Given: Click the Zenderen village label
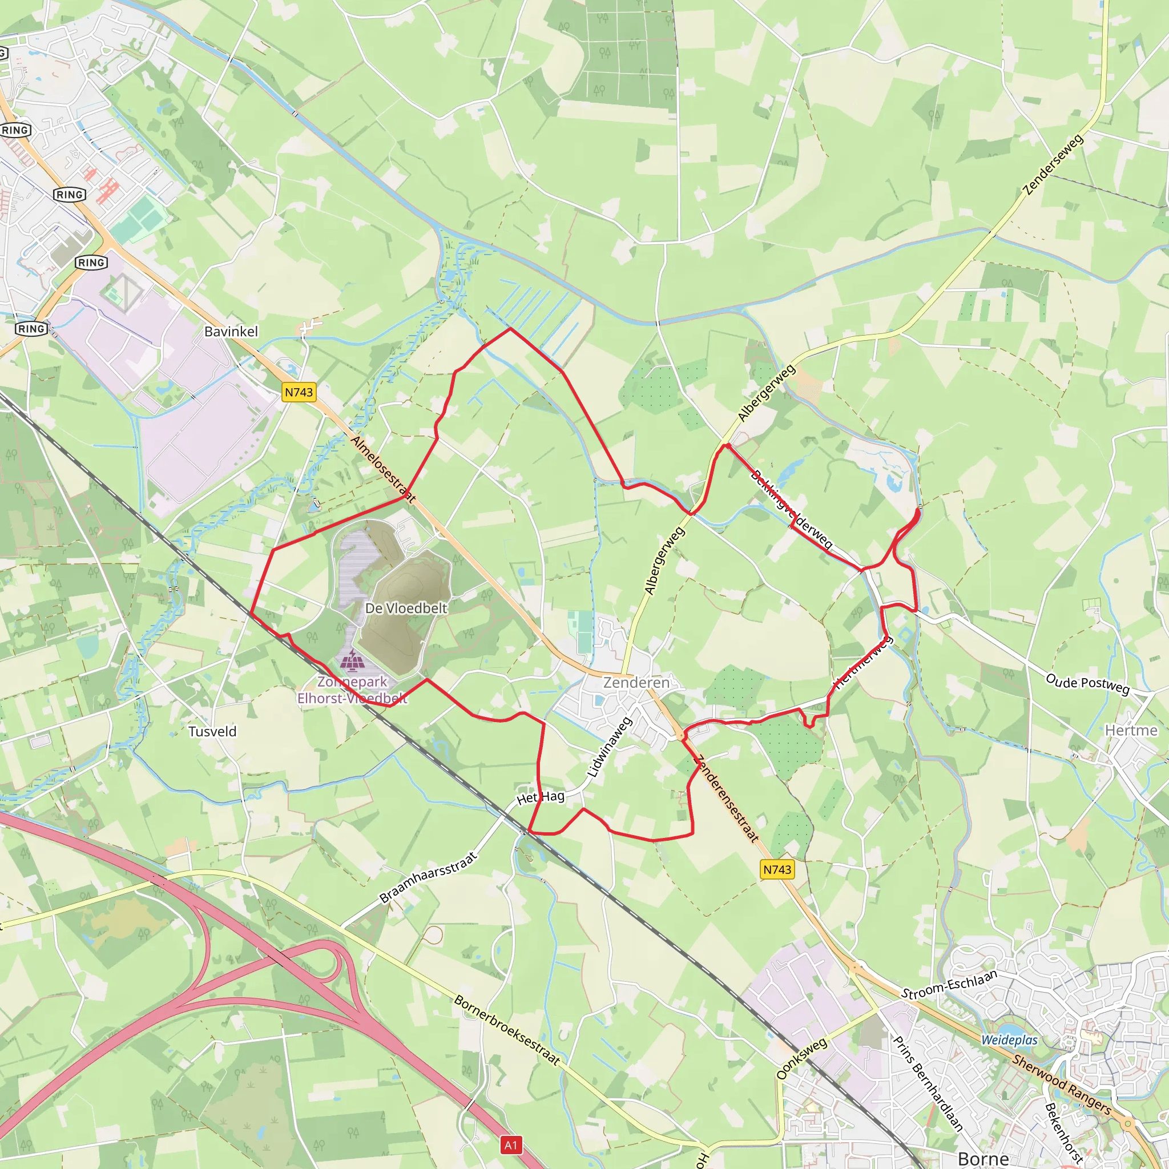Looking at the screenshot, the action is [636, 683].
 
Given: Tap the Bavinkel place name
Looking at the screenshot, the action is [231, 332].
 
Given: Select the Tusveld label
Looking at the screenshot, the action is [212, 732].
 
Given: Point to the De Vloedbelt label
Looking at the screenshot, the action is [406, 608].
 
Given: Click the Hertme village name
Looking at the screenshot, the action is [1131, 730].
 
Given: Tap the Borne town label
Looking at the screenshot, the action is [983, 1158].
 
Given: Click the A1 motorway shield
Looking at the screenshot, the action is [511, 1145].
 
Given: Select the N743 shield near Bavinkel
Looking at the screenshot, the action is [299, 392].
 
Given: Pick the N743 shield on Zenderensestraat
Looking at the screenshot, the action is [777, 869].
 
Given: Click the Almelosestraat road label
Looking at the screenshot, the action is [383, 469].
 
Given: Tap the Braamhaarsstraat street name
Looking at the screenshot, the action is [429, 878].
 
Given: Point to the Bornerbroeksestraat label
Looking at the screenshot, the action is [506, 1030].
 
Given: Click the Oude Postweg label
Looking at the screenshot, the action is [1087, 684].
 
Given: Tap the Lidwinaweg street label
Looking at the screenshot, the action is [609, 747].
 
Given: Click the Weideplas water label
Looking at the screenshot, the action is [1009, 1040].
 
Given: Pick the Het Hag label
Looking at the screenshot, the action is [541, 797].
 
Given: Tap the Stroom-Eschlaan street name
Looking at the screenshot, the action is [949, 985].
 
